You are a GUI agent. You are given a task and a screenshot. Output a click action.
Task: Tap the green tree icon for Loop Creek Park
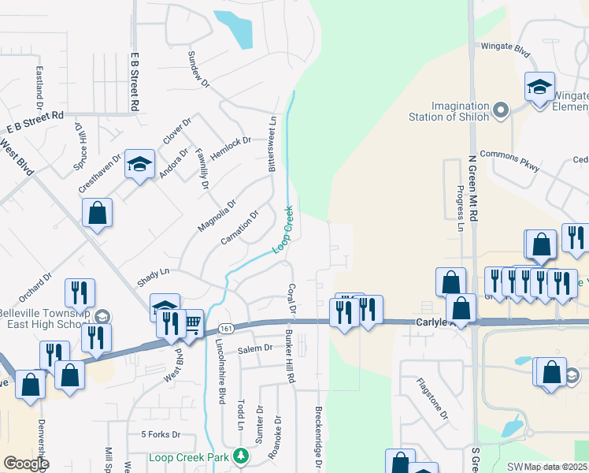(240, 456)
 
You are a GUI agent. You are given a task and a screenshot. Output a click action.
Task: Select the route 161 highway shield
(226, 327)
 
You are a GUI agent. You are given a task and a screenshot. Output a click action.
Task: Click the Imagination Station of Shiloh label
(460, 111)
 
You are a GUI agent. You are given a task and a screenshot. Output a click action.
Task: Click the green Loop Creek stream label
(283, 229)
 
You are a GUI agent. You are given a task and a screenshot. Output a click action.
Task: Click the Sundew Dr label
(198, 69)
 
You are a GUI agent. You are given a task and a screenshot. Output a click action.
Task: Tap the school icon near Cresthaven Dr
(139, 165)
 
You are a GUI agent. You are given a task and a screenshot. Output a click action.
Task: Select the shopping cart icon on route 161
(191, 322)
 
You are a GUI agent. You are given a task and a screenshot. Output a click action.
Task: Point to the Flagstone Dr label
(432, 398)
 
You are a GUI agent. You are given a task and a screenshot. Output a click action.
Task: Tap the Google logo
(25, 464)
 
